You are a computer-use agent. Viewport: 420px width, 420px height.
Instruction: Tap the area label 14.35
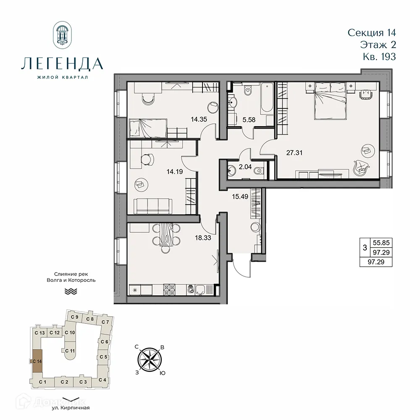coord(199,118)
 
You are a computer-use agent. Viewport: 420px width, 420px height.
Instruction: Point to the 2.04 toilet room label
coord(245,167)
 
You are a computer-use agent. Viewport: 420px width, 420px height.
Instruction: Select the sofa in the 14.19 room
coord(153,205)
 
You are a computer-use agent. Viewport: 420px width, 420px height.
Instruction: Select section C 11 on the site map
coord(70,351)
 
